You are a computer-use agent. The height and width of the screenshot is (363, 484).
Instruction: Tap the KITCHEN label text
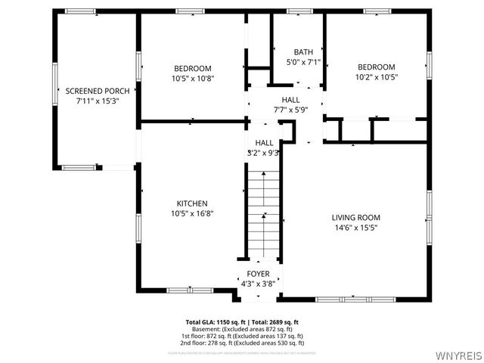(x=192, y=203)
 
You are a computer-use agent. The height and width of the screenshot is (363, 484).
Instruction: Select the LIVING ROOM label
(x=355, y=218)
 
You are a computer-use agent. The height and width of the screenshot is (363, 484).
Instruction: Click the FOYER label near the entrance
(x=258, y=274)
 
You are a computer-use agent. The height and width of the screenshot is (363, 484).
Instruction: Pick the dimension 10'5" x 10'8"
(x=192, y=77)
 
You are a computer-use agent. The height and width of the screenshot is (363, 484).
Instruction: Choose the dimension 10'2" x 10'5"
(x=376, y=76)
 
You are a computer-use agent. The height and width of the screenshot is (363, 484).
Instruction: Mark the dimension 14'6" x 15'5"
(x=355, y=227)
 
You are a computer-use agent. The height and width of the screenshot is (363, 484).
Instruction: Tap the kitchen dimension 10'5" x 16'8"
(x=192, y=213)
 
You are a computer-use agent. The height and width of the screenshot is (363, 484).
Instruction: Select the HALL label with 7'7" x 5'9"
(x=290, y=99)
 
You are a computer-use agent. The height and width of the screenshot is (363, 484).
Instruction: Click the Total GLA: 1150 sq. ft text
(x=213, y=322)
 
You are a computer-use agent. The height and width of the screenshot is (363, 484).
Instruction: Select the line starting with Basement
(x=242, y=329)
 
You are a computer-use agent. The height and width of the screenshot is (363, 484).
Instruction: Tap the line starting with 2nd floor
(x=242, y=343)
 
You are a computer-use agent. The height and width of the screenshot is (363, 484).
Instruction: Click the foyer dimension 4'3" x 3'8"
(x=258, y=283)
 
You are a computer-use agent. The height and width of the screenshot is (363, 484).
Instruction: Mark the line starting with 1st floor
(x=242, y=336)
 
